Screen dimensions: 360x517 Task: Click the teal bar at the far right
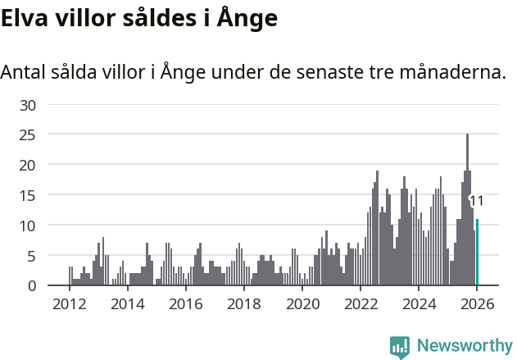coord(478,253)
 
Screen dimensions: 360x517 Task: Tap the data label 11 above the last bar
coord(476,200)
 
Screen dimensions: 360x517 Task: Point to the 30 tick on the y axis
coord(29,105)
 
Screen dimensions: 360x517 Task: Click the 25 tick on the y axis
coord(29,134)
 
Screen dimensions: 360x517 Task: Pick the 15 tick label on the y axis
coord(29,195)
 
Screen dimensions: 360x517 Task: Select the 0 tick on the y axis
coord(33,285)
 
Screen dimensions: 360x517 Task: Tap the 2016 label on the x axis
coord(185,304)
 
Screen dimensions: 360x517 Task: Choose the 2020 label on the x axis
coord(302,304)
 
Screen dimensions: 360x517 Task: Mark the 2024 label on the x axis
coord(419,304)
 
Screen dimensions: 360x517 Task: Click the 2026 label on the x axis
coord(477,304)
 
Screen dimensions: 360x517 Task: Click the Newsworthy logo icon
coord(400,347)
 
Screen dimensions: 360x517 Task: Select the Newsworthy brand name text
coord(465,346)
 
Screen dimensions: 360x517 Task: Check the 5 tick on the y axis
coord(33,256)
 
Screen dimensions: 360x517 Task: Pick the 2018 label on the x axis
coord(243,304)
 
